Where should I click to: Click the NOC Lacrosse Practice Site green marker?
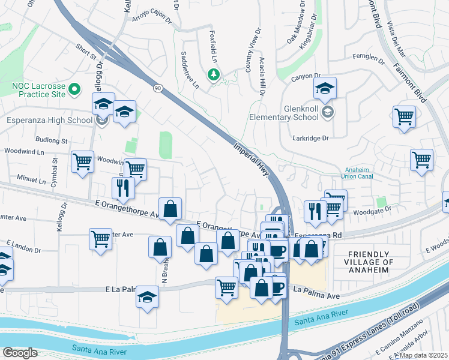pyautogui.click(x=74, y=90)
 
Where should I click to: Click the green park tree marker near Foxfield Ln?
pyautogui.click(x=212, y=74)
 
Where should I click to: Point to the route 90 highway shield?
pyautogui.click(x=157, y=88)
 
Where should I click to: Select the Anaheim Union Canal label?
pyautogui.click(x=358, y=173)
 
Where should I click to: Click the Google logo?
pyautogui.click(x=20, y=353)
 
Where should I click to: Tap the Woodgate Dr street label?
pyautogui.click(x=375, y=208)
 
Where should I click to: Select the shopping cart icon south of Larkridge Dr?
pyautogui.click(x=421, y=160)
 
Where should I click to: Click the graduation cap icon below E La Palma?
pyautogui.click(x=147, y=298)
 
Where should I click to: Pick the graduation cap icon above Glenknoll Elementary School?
pyautogui.click(x=325, y=89)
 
